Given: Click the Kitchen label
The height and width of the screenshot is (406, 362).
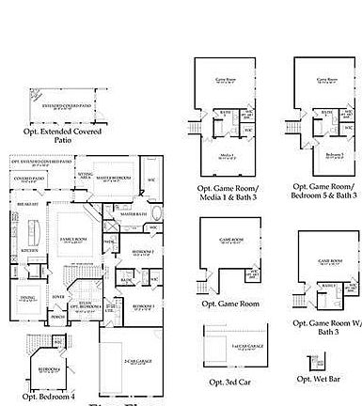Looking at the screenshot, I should click(27, 251).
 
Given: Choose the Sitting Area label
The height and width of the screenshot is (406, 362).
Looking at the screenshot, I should click(85, 175).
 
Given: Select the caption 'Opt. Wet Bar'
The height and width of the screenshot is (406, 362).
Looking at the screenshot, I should click(319, 378).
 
